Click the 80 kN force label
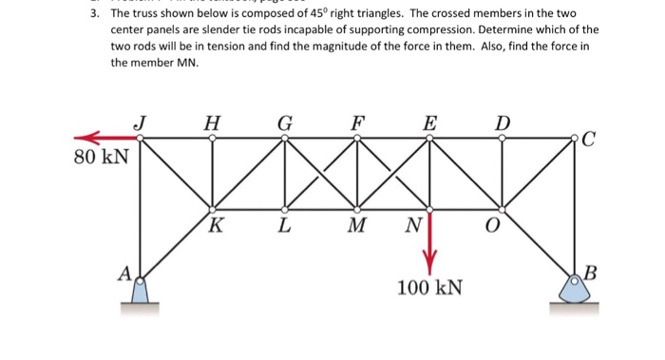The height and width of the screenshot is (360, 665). click(100, 156)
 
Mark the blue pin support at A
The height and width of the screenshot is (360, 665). click(141, 290)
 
